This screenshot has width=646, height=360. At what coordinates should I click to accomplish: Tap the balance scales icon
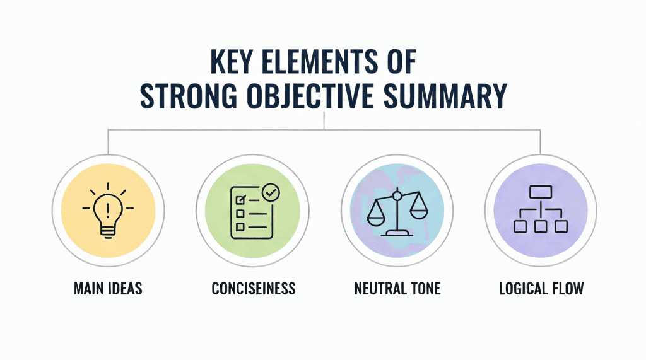coord(396,212)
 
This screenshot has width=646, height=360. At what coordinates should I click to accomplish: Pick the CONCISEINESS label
coord(254,289)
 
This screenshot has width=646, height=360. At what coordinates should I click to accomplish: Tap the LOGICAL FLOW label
coord(541,289)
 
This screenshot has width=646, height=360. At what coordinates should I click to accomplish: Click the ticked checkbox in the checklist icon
coord(239,200)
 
